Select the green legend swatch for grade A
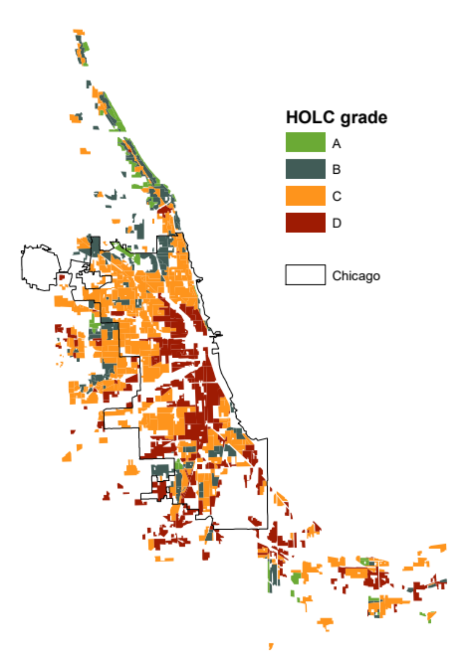coord(305,142)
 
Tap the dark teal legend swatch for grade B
coord(305,169)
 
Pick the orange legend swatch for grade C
coord(305,196)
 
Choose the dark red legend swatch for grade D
coord(305,223)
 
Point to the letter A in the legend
coord(336,144)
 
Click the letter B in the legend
coord(336,169)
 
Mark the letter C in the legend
coord(336,196)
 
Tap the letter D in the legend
coord(336,223)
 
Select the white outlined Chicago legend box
coord(305,275)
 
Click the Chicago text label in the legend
coord(356,276)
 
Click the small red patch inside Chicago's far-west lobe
coord(62,277)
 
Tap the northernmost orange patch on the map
coord(79,31)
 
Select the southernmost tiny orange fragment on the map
coord(271,645)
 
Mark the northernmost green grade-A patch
coord(85,47)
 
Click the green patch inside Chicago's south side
coord(178,464)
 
